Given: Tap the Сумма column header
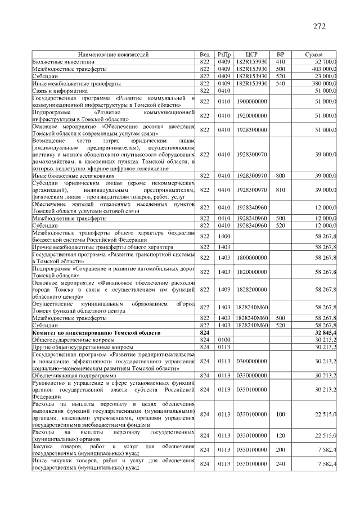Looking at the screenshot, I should (x=313, y=55).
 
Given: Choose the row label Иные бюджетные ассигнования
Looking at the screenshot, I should (x=70, y=176).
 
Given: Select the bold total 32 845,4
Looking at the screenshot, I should (x=325, y=334).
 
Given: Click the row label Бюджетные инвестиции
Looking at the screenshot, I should (x=56, y=61).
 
